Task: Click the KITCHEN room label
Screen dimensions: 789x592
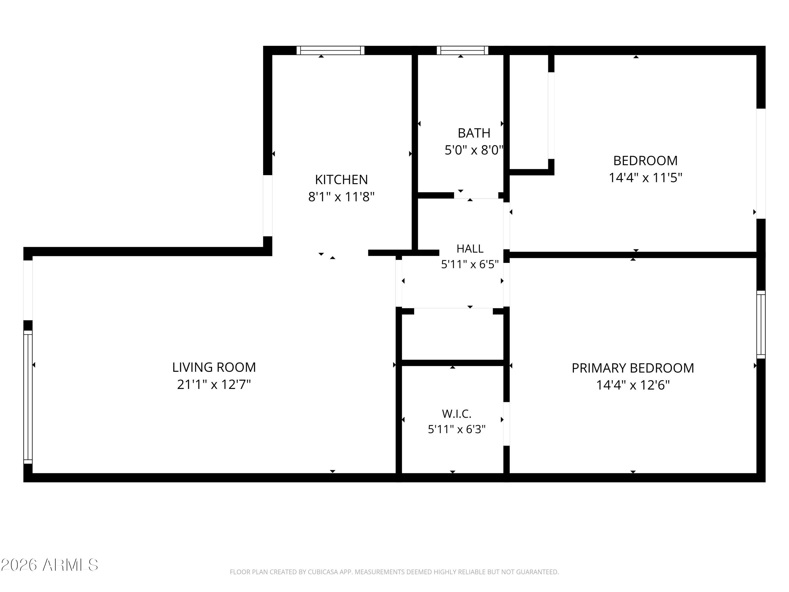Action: point(341,179)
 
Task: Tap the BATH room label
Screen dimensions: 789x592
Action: point(474,133)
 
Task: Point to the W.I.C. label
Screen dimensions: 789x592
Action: point(457,414)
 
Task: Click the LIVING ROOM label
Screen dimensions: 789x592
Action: point(214,367)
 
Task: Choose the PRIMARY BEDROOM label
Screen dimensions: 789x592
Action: point(633,368)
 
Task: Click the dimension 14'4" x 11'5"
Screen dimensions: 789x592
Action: point(645,177)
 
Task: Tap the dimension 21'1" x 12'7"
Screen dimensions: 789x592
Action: point(214,384)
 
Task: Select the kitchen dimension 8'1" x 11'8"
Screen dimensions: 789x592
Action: point(341,197)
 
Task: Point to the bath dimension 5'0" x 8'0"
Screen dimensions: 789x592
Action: point(474,150)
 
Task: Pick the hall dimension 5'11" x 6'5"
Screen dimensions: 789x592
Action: point(470,264)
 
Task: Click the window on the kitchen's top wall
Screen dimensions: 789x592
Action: point(330,50)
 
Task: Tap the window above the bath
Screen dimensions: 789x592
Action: point(462,50)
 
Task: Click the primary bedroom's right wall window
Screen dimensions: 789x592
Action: point(761,324)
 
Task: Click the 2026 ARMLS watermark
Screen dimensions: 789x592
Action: point(49,565)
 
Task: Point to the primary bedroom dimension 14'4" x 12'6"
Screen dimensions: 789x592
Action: point(633,385)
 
